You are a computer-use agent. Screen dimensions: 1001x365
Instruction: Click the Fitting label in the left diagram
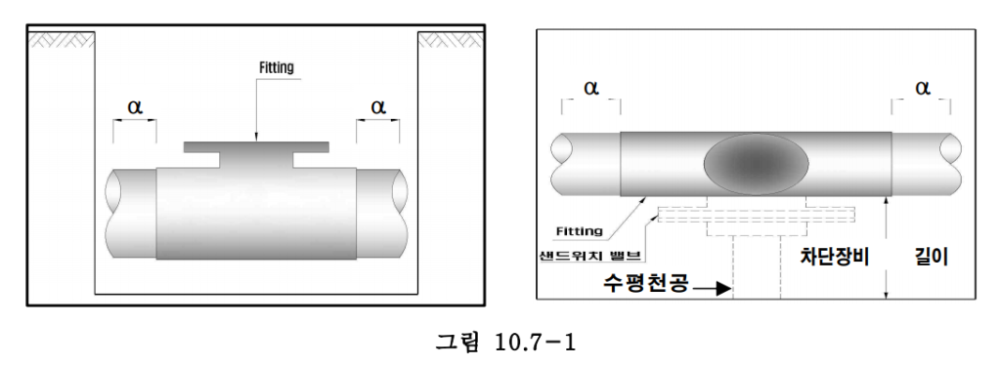click(277, 67)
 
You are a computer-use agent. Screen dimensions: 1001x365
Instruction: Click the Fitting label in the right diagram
click(579, 231)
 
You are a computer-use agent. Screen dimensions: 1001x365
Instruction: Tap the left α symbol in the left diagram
click(135, 106)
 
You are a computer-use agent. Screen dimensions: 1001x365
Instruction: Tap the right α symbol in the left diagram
click(378, 106)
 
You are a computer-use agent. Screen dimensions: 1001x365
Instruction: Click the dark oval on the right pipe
click(756, 164)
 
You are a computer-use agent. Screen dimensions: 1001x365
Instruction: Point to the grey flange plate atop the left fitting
click(257, 147)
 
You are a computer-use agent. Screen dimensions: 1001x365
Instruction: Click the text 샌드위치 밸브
click(589, 256)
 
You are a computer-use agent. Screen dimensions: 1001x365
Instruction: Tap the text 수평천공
click(646, 282)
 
